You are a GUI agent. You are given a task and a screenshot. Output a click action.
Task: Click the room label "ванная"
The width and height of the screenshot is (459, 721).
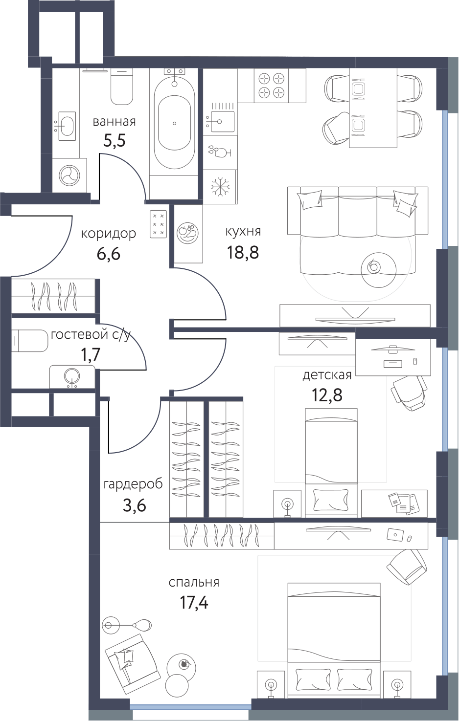tap(115, 122)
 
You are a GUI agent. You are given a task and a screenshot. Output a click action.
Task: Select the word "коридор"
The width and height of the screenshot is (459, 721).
tap(109, 234)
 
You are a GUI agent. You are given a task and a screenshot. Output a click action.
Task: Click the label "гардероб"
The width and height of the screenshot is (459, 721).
tap(133, 484)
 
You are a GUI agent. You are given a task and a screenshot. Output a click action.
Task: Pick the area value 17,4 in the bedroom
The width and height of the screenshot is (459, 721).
tap(193, 603)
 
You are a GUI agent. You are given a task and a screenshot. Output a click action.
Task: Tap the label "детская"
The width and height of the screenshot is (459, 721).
tap(327, 375)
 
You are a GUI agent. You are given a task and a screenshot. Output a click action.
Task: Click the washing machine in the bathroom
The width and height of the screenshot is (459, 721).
tap(69, 175)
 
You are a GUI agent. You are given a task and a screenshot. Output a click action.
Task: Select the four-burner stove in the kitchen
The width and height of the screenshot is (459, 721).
tap(272, 86)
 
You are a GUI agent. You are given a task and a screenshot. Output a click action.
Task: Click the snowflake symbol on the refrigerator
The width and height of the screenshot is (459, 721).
tap(220, 186)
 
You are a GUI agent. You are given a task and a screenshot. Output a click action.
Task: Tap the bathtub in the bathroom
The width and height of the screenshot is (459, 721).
tap(174, 123)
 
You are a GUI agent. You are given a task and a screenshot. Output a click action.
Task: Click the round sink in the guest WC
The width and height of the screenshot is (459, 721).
tap(71, 377)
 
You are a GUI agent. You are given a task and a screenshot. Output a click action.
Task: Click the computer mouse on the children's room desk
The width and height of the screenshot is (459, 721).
tap(415, 361)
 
